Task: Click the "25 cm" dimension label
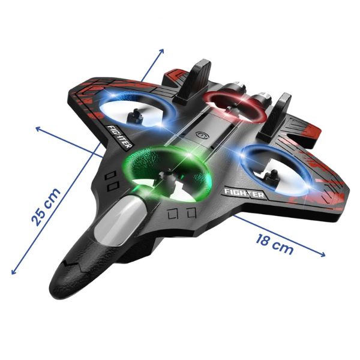[46, 207]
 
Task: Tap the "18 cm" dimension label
[275, 245]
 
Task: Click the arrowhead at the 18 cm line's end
[323, 254]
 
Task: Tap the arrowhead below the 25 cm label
[14, 271]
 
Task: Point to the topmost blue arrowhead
[161, 51]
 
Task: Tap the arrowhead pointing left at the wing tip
[38, 129]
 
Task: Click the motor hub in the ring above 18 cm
[271, 176]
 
